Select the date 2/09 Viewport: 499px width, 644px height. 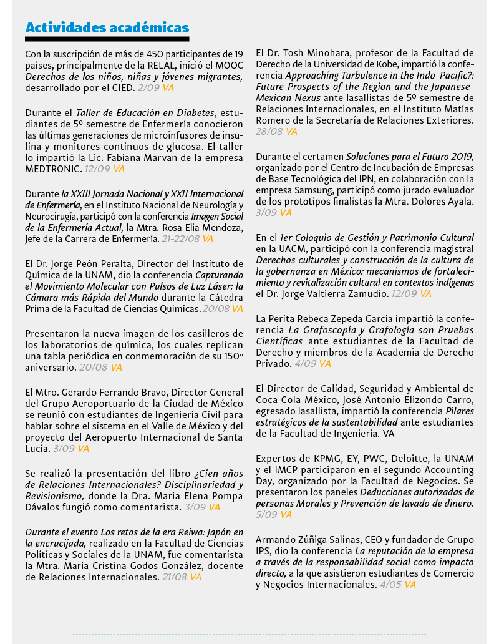click(x=148, y=88)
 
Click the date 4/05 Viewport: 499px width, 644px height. click(x=391, y=585)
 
